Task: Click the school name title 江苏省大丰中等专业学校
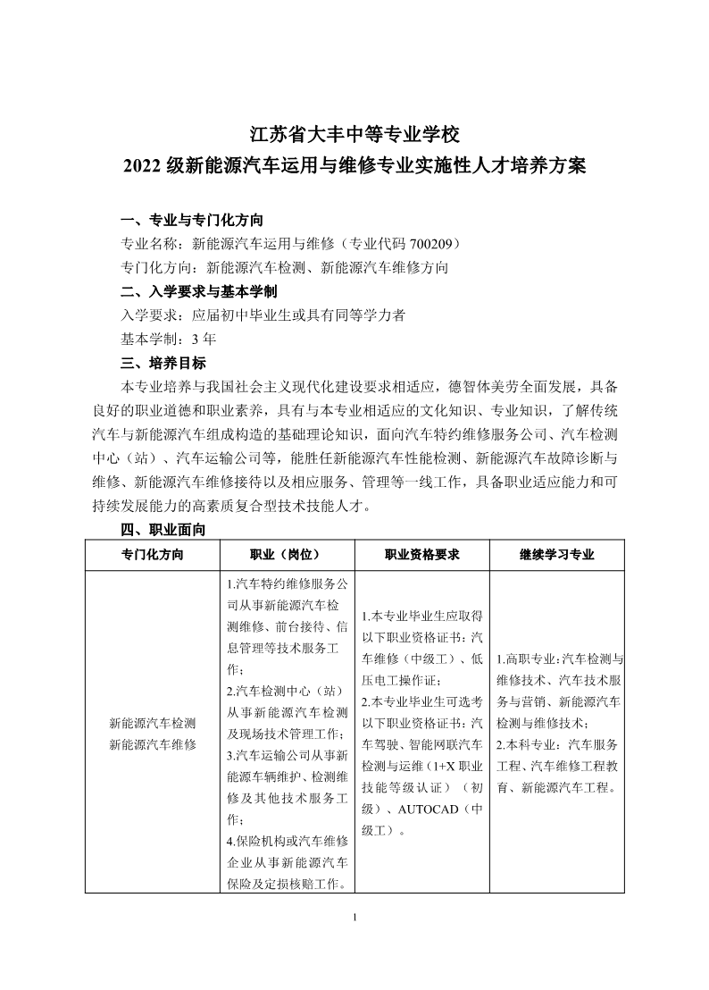354,135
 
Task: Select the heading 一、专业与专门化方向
191,220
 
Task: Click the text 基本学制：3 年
168,339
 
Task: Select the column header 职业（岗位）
286,555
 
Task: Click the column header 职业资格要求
421,555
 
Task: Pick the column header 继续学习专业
556,555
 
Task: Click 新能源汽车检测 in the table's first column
152,722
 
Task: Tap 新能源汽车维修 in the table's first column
152,744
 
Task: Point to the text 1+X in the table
443,766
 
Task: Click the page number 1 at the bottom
354,918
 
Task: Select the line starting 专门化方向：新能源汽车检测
284,266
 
